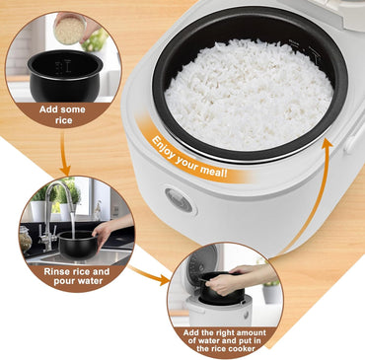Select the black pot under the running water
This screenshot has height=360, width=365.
pos(79,243)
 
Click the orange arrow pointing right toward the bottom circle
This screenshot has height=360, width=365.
pos(149,276)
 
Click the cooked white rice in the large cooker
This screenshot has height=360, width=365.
pos(248,94)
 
